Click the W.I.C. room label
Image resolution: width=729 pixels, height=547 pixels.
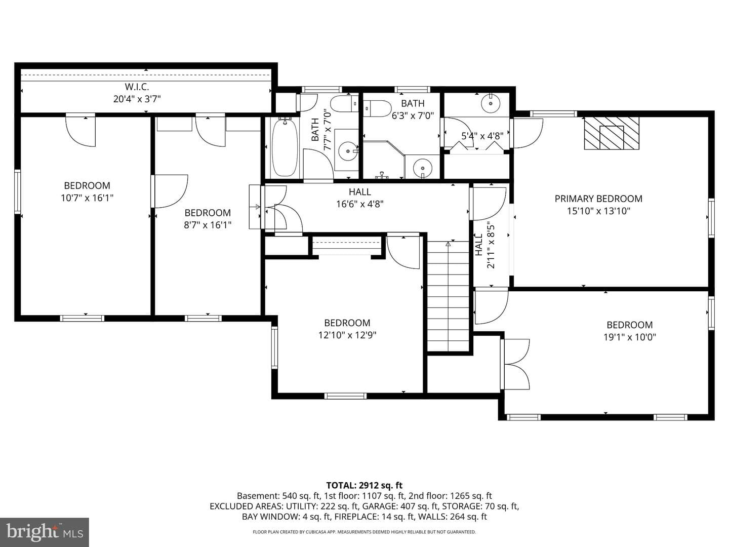[x=137, y=87]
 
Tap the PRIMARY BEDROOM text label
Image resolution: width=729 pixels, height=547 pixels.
[x=598, y=199]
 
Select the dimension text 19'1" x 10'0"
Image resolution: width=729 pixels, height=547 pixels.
[x=630, y=337]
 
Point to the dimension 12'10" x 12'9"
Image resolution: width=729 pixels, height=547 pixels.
[x=347, y=335]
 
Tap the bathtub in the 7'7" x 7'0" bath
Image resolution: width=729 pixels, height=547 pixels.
[x=285, y=148]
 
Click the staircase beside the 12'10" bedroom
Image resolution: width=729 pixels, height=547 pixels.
[x=448, y=296]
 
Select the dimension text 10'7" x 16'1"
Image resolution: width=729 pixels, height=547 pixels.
[x=87, y=198]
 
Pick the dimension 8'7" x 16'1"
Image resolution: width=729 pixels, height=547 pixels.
[x=208, y=225]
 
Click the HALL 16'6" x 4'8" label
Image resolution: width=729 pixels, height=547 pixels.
[x=360, y=198]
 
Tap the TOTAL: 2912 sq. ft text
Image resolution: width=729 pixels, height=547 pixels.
[x=364, y=485]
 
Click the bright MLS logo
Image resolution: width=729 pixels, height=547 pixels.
[x=45, y=532]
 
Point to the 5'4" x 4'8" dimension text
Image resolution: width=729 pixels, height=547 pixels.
[x=482, y=136]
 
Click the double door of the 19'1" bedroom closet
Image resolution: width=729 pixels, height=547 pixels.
[x=516, y=364]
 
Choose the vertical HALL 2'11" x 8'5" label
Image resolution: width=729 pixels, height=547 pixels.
[x=484, y=245]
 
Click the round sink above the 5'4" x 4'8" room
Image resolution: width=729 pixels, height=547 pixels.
[x=491, y=103]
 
